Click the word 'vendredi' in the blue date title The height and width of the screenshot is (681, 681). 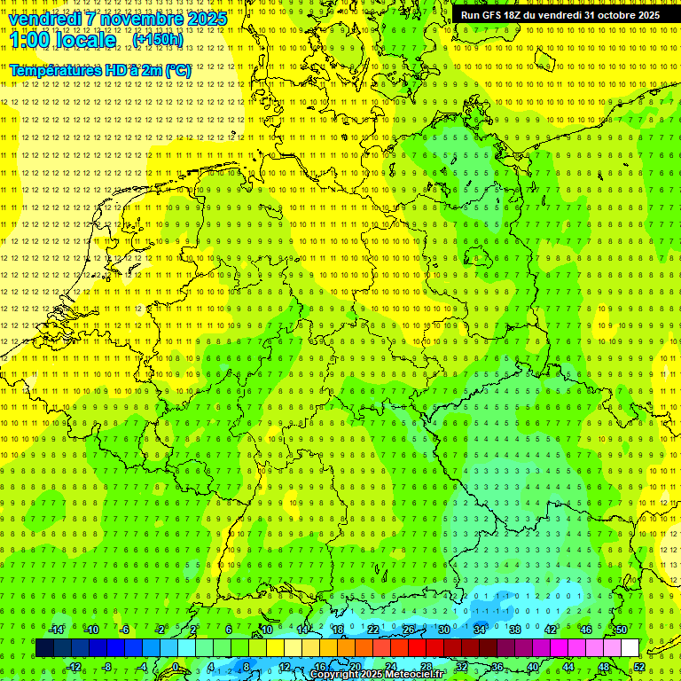(x=45, y=19)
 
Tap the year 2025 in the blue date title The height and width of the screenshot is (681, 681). (x=203, y=19)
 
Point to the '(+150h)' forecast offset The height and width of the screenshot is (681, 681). (x=158, y=40)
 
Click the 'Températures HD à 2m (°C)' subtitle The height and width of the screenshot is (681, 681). (x=100, y=70)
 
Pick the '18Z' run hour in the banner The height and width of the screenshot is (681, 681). (x=513, y=15)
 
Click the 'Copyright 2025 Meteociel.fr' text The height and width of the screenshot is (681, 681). (x=377, y=675)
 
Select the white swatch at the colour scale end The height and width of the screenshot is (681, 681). (x=630, y=647)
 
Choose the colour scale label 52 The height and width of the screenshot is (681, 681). (x=639, y=667)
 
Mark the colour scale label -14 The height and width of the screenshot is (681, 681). (x=56, y=630)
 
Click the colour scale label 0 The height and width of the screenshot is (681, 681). (x=176, y=667)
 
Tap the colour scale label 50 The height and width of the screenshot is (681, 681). (x=622, y=630)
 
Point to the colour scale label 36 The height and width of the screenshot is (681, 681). (x=497, y=667)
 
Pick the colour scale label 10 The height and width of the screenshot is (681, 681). (x=266, y=630)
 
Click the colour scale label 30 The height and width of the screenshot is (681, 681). (x=443, y=630)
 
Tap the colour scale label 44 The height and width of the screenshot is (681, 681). (x=568, y=667)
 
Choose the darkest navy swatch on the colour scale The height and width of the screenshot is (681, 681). (x=44, y=647)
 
